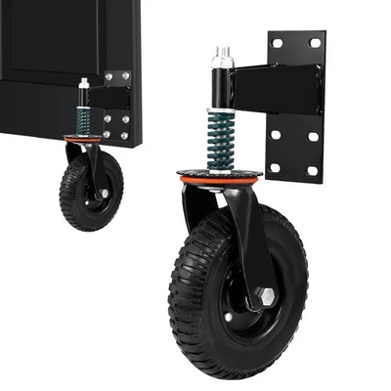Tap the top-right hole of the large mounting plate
point(314,43)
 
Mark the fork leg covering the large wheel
point(244,244)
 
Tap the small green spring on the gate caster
point(84,120)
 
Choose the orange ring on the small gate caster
point(86,139)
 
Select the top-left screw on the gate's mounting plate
point(109,75)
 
